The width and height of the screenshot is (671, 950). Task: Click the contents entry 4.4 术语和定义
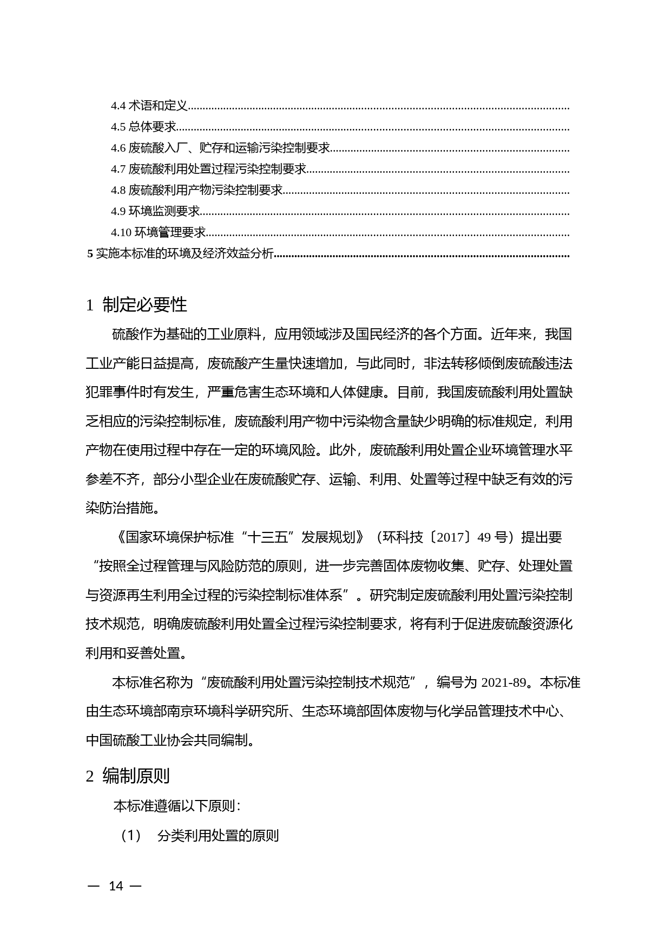tap(149, 106)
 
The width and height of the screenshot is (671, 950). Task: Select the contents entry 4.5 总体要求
tap(143, 127)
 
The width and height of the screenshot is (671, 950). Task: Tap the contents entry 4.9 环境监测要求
tap(155, 211)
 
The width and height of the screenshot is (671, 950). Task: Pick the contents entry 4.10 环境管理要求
tap(159, 232)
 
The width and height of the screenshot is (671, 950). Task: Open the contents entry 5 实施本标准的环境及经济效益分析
tap(181, 253)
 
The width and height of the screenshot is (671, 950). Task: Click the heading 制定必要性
tap(144, 305)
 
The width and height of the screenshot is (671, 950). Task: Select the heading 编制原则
tap(136, 776)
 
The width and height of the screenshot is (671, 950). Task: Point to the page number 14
tap(116, 886)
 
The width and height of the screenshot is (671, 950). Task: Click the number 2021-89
tap(503, 682)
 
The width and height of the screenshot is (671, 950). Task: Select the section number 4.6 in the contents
tap(118, 148)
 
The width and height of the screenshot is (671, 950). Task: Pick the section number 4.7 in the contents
tap(118, 169)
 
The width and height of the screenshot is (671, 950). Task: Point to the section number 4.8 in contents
tap(118, 190)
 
